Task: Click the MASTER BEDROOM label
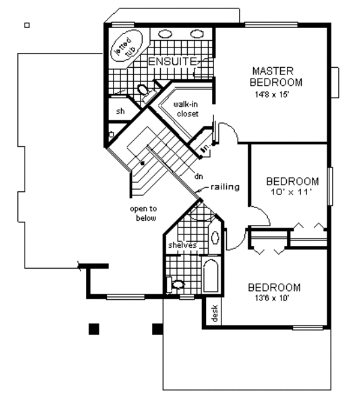277,76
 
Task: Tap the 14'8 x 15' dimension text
277,94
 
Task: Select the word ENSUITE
173,61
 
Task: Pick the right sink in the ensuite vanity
196,34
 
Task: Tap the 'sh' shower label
120,111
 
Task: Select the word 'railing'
225,187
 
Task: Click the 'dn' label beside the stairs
198,176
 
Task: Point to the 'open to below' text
143,213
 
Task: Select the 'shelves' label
182,245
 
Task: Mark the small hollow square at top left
26,25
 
